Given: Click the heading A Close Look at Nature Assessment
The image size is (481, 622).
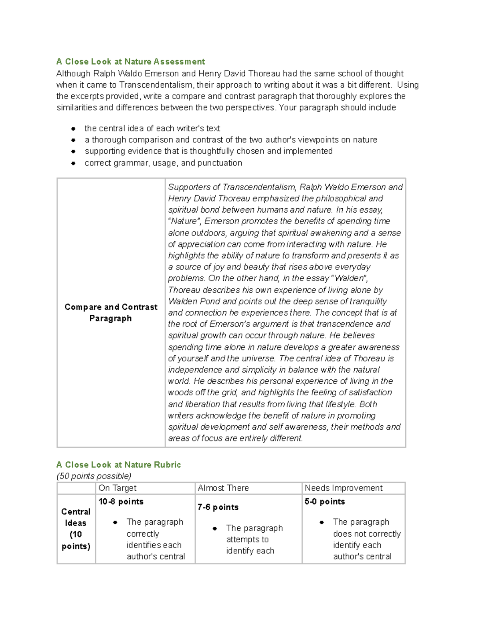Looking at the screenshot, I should pos(131,62).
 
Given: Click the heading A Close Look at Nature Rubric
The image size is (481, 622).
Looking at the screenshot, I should pos(119,465).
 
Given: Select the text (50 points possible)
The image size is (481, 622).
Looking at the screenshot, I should pos(94,476).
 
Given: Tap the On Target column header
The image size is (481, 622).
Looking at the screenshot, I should pos(117,488).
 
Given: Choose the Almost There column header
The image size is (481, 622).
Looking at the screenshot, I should pos(223,488).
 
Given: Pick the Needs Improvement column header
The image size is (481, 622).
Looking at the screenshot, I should pos(344,488).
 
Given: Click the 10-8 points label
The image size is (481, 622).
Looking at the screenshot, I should pos(121,501).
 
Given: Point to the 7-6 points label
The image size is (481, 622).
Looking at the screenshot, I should pos(218,507).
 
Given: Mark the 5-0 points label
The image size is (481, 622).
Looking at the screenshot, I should pos(325,501).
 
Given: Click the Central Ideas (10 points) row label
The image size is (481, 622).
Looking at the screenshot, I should pos(76,529).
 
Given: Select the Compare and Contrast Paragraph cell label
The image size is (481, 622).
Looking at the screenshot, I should pos(111,312).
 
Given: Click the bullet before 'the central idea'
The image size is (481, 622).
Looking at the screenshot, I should pos(73,129).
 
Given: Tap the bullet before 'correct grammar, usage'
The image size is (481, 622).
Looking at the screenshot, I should pos(73,163).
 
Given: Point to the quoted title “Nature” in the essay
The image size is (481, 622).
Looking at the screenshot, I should pos(185,221).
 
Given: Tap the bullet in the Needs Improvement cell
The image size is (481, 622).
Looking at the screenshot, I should pos(321,522).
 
